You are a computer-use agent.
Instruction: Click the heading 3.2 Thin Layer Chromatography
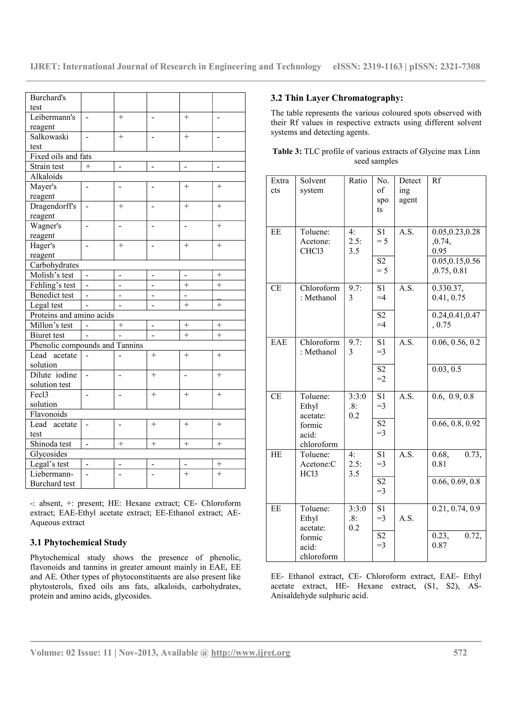tap(337, 98)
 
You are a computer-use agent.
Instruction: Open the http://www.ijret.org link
tap(250, 652)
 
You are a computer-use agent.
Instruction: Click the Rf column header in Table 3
tap(436, 181)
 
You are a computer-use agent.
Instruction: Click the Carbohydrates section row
tap(54, 265)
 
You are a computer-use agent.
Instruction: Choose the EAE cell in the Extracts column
tap(279, 342)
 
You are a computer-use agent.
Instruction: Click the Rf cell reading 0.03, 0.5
tap(446, 369)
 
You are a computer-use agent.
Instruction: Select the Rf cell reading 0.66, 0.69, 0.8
tap(456, 482)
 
